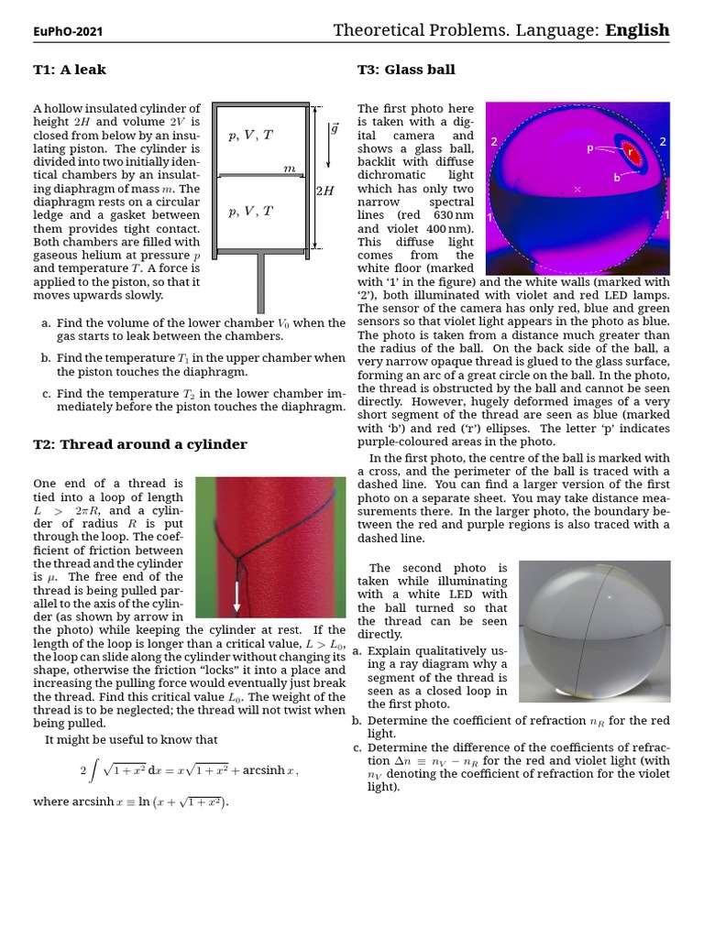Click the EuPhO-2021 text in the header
point(68,31)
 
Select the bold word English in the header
point(637,30)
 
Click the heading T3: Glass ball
point(406,70)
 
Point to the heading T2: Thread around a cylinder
point(140,444)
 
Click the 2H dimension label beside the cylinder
point(324,191)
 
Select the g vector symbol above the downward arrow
point(334,128)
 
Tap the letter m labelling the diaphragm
point(290,169)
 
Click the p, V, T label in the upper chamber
point(250,136)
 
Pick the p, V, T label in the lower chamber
point(250,211)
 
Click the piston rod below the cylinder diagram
point(261,283)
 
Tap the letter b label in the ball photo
point(617,177)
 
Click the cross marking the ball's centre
point(577,189)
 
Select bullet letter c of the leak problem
point(46,393)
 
